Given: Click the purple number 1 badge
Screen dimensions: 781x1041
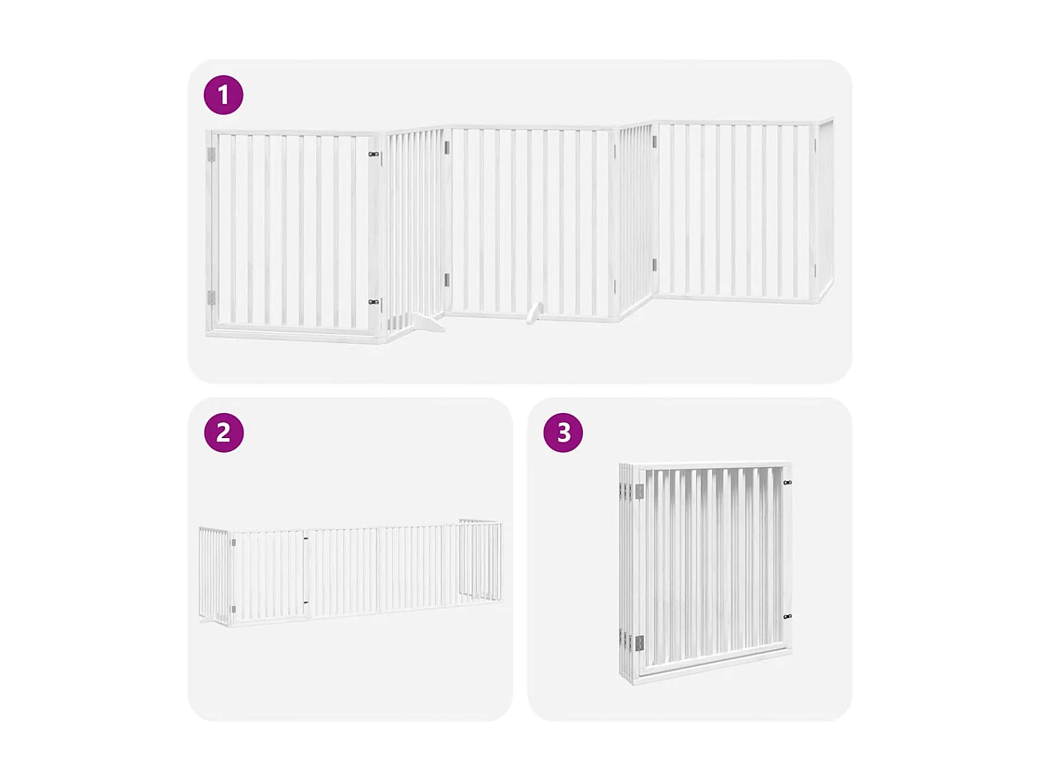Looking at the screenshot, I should [223, 95].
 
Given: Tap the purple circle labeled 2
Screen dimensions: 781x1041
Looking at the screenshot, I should [223, 433].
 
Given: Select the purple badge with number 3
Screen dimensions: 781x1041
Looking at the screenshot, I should [563, 433].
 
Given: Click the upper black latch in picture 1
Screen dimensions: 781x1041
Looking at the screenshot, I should [373, 154].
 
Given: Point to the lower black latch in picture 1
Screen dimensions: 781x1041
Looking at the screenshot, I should [373, 302].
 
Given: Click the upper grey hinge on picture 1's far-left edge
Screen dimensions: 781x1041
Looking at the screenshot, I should [211, 155].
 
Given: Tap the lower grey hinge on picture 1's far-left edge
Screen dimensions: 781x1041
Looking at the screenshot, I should [211, 298].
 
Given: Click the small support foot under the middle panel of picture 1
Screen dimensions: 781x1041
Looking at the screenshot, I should [533, 313].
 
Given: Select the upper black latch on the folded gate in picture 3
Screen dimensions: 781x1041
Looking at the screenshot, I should [787, 482].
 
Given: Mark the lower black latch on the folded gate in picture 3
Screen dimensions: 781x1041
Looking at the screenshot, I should [787, 616].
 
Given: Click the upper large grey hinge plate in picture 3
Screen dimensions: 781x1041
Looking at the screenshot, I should [639, 492].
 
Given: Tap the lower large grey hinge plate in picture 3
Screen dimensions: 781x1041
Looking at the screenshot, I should [639, 644].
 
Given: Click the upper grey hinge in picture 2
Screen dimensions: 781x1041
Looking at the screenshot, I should [233, 543].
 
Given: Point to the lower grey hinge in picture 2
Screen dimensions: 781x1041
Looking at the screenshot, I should [233, 610].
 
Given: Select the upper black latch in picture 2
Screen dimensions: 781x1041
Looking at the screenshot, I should [305, 538].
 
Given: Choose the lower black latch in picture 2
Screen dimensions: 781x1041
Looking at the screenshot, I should [305, 603].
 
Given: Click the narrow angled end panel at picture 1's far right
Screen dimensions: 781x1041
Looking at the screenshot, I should [824, 208].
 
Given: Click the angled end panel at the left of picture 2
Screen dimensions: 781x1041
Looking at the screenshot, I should [213, 574].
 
